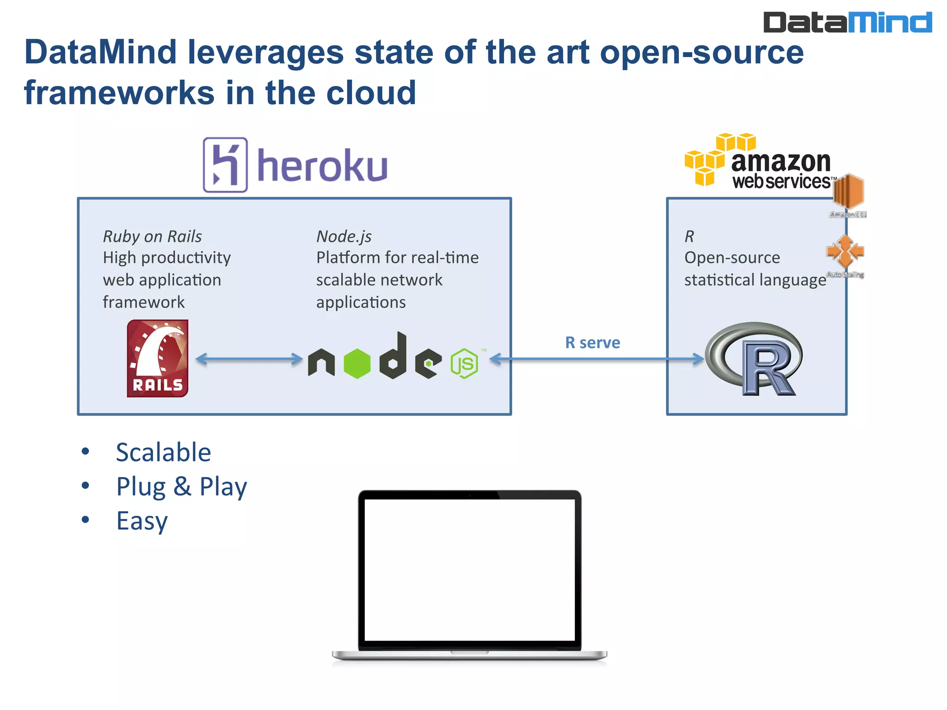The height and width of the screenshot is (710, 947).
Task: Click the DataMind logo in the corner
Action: tap(847, 22)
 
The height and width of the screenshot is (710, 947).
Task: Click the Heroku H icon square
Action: tap(225, 165)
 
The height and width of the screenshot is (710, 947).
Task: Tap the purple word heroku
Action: tap(322, 166)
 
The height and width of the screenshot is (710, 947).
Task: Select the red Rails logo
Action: tap(158, 358)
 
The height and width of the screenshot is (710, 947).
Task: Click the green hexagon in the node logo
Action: tap(357, 364)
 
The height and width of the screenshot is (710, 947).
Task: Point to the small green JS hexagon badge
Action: tap(464, 364)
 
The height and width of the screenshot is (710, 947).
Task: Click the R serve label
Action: tap(592, 343)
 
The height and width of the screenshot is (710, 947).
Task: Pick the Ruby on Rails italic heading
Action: tap(152, 236)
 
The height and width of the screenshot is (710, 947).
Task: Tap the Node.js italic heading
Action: tap(344, 236)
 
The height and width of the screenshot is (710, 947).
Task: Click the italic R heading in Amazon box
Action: tap(689, 236)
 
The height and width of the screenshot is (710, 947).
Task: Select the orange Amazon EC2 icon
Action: tap(848, 191)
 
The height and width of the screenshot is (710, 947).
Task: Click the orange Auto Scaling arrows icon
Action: tap(845, 251)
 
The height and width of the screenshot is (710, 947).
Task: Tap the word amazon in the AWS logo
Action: tap(781, 161)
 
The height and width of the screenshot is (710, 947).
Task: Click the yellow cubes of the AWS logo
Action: tap(714, 157)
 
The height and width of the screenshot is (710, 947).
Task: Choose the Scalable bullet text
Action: tap(163, 452)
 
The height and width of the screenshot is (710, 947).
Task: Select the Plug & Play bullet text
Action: tap(181, 486)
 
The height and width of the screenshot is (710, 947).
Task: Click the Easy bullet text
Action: tap(142, 520)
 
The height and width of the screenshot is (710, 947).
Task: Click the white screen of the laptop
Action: tap(469, 569)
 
